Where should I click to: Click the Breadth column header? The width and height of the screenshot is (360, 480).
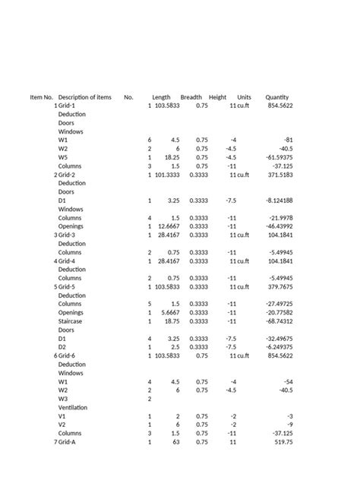(x=191, y=97)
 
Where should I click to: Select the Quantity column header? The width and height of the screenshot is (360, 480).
(x=277, y=97)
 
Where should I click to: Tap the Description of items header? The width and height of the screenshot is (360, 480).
(x=84, y=97)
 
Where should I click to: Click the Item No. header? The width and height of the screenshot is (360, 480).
(x=41, y=97)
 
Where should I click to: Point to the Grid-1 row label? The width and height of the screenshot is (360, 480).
(x=67, y=106)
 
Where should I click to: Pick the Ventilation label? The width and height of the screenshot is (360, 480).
(x=73, y=407)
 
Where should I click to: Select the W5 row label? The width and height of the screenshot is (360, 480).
(x=63, y=157)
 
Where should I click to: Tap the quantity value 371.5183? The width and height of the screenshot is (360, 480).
(x=279, y=175)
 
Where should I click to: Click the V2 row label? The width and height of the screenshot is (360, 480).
(x=63, y=425)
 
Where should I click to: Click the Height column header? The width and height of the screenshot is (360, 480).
(x=218, y=97)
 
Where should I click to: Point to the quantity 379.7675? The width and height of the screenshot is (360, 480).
(x=279, y=286)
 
